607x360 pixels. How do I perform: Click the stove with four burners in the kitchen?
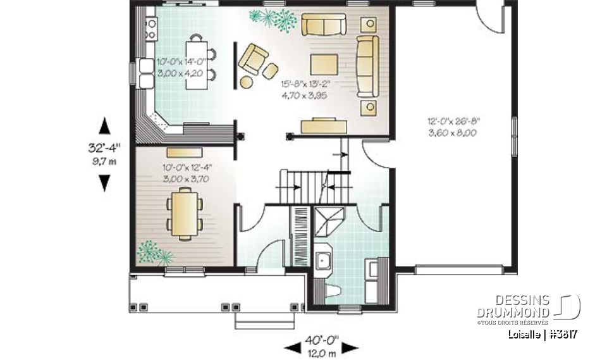[152, 27]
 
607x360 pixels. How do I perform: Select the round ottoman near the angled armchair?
[245, 81]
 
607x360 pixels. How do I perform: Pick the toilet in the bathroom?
[334, 290]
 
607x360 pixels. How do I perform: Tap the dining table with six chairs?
[183, 214]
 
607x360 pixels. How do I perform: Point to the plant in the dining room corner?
[151, 252]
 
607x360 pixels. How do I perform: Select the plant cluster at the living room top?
[272, 20]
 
